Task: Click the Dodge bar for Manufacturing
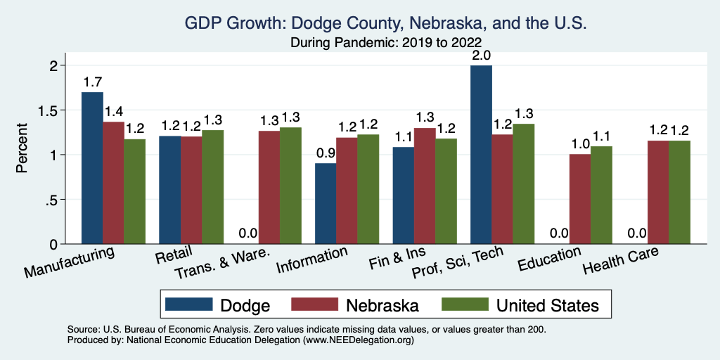[92, 168]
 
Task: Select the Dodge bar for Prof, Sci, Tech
[481, 155]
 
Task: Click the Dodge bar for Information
[326, 203]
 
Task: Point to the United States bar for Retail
[213, 187]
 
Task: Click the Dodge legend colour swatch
[189, 305]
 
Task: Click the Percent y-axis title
[23, 149]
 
